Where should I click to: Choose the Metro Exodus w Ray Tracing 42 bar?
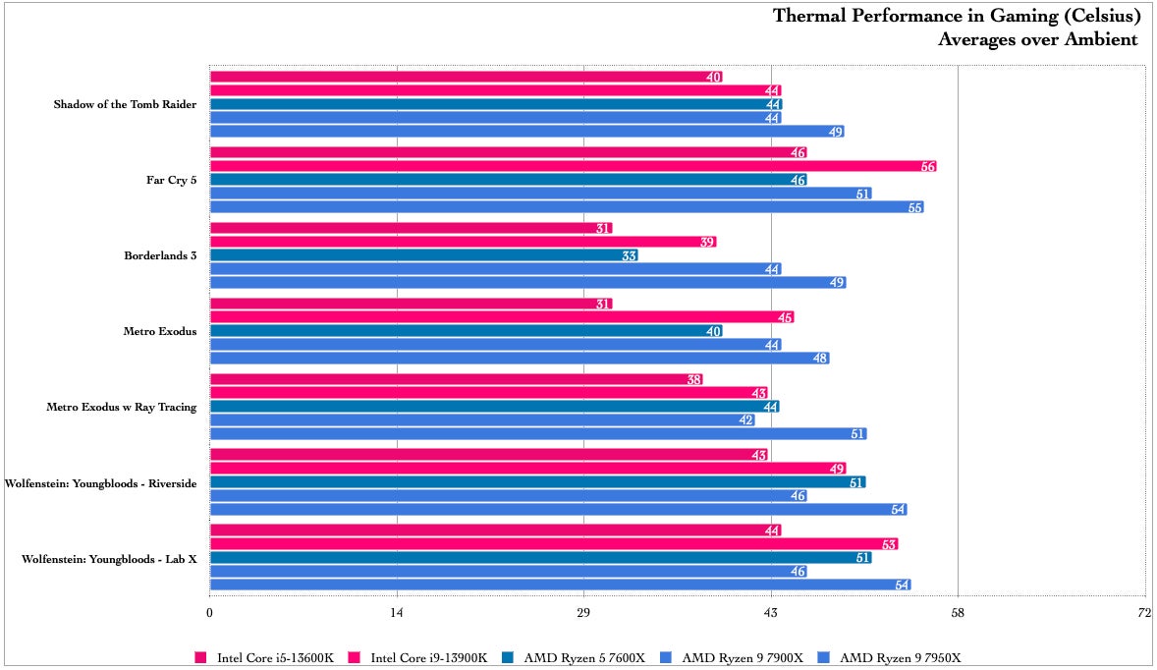pyautogui.click(x=482, y=420)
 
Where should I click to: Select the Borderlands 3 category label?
pyautogui.click(x=160, y=255)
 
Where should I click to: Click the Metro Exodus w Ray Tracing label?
pyautogui.click(x=122, y=407)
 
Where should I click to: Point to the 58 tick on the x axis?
pyautogui.click(x=959, y=613)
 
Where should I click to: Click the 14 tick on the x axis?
pyautogui.click(x=397, y=613)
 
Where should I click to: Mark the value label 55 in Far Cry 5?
pyautogui.click(x=915, y=207)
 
